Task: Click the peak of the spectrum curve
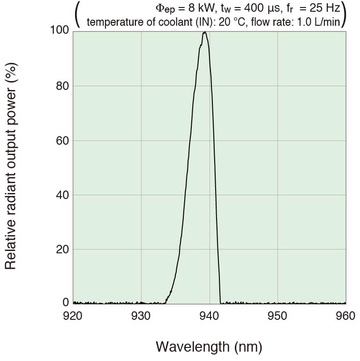pos(205,32)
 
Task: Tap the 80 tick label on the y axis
pos(62,86)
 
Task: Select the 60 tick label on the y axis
pos(62,140)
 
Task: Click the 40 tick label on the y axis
pos(62,195)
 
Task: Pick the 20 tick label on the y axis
pos(62,249)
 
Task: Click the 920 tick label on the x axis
pos(73,316)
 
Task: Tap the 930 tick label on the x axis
pos(141,316)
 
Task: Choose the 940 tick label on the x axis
pos(209,316)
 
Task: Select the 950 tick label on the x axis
pos(277,316)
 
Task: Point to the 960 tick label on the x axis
pos(345,316)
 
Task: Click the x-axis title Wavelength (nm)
pos(209,347)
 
